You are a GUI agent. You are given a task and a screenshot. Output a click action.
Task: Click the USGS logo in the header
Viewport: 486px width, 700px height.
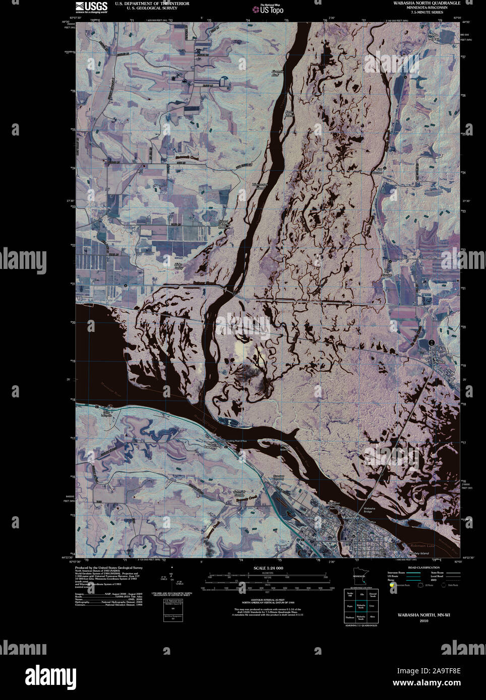pos(91,7)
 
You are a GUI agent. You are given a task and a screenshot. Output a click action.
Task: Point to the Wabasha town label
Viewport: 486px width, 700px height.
pos(350,518)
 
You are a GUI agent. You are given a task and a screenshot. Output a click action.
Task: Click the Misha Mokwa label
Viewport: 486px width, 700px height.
pos(434,37)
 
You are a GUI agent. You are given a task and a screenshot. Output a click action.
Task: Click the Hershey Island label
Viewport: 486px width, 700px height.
pos(418,553)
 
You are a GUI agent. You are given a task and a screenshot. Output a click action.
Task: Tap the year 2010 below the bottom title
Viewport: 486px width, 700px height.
pos(423,621)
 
